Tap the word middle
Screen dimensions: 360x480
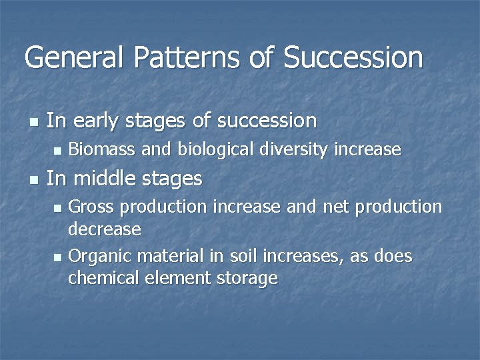coord(103,179)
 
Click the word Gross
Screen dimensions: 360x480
coord(91,207)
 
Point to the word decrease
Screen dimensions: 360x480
coord(105,229)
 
